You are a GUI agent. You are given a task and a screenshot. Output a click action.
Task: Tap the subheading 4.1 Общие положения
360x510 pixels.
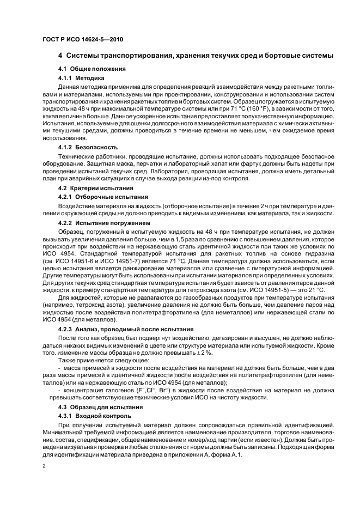coord(91,69)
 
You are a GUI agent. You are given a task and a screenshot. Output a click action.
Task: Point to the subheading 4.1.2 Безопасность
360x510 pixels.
coord(88,147)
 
